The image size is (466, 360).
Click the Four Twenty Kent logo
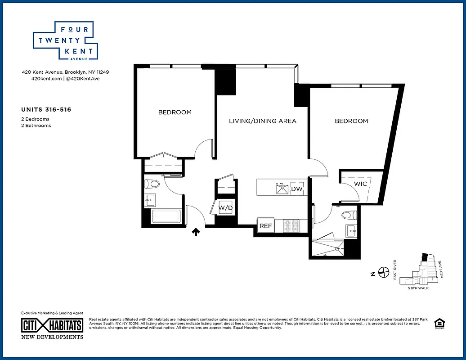pos(64,40)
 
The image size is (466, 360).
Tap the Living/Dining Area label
pos(263,121)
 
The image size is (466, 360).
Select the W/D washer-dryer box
pos(225,208)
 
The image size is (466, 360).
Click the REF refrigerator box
pos(266,226)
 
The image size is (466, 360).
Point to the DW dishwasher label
pos(297,189)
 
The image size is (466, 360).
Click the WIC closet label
pos(360,184)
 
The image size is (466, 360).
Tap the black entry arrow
pos(196,232)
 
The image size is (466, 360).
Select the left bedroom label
pos(175,112)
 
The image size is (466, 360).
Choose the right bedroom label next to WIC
pos(351,121)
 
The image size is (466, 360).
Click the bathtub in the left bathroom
pos(166,217)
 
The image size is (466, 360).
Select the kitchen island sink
pos(282,189)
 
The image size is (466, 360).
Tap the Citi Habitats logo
pos(53,325)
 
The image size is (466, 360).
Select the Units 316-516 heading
pos(46,109)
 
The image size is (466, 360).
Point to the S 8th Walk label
pos(418,288)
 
